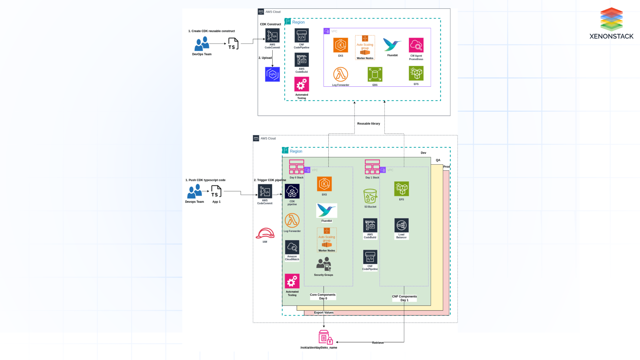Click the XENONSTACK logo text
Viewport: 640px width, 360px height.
pos(611,36)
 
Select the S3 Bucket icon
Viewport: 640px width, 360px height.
pos(370,196)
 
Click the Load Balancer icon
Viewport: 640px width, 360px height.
pos(401,226)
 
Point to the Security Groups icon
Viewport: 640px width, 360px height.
pos(324,264)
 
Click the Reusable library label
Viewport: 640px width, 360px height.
pos(368,124)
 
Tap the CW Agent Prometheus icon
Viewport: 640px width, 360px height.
pos(416,45)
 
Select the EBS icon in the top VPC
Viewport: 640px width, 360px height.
pos(375,74)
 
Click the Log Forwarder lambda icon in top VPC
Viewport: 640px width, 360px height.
pos(340,74)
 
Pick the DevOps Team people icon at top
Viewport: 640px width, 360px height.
pos(202,44)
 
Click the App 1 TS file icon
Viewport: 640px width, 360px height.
pos(216,192)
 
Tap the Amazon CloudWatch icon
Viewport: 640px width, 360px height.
pos(292,247)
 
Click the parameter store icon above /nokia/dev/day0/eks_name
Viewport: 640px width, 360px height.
pos(325,337)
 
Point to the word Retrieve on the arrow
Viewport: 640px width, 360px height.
pos(378,343)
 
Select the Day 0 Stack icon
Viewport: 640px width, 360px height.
pos(296,167)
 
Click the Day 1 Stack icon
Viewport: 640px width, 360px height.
pos(372,167)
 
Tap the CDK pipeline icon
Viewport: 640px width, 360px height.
pos(292,191)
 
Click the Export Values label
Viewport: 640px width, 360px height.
pos(324,313)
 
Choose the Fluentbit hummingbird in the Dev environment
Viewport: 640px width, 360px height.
pos(326,211)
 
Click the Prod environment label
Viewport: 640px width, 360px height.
pos(446,167)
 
